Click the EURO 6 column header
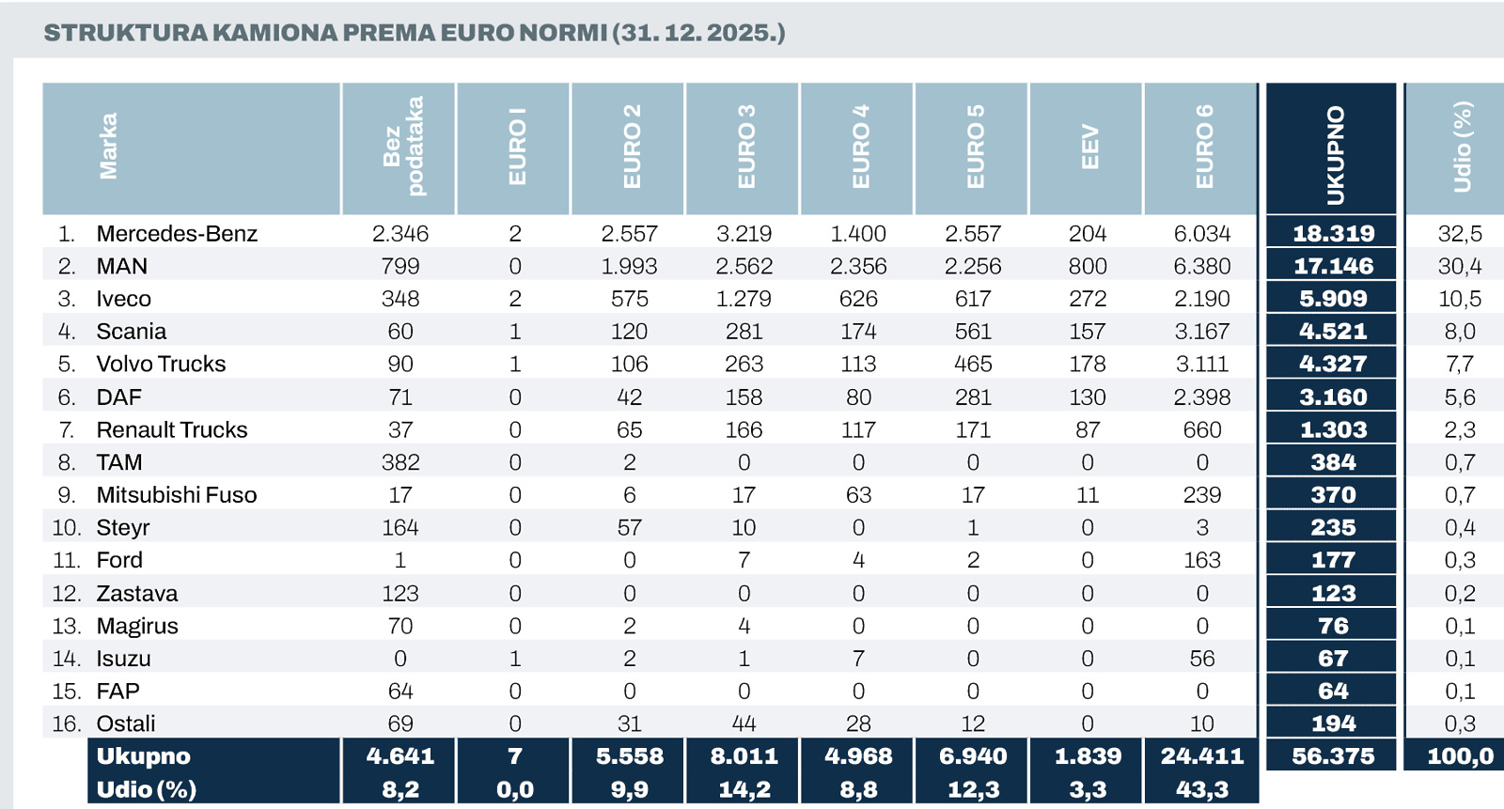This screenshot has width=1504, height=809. pyautogui.click(x=1204, y=147)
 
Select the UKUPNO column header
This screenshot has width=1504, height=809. pyautogui.click(x=1335, y=154)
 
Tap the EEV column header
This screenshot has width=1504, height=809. pyautogui.click(x=1089, y=147)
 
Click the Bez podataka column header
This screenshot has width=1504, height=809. pyautogui.click(x=404, y=147)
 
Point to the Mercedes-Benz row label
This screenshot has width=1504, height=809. pyautogui.click(x=177, y=234)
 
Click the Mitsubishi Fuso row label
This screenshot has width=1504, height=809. pyautogui.click(x=177, y=495)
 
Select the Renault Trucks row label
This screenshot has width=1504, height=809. pyautogui.click(x=172, y=429)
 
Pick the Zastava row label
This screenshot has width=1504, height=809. pyautogui.click(x=137, y=594)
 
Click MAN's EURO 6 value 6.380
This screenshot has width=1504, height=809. pyautogui.click(x=1202, y=267)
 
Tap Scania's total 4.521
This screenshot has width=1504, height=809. pyautogui.click(x=1333, y=332)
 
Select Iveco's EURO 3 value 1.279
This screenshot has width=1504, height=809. pyautogui.click(x=744, y=299)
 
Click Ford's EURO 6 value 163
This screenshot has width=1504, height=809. pyautogui.click(x=1202, y=560)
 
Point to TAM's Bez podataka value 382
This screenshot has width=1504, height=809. pyautogui.click(x=400, y=462)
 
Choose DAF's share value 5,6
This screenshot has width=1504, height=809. pyautogui.click(x=1460, y=397)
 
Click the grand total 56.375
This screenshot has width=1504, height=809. pyautogui.click(x=1334, y=756)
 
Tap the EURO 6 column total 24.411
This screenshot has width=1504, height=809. pyautogui.click(x=1202, y=756)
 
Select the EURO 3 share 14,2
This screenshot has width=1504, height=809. pyautogui.click(x=744, y=789)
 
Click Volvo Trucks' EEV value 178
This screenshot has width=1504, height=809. pyautogui.click(x=1088, y=364)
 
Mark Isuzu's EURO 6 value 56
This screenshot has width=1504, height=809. pyautogui.click(x=1202, y=659)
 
